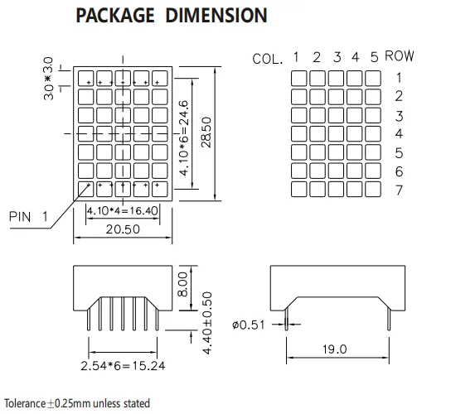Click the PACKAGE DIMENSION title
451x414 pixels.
tap(172, 16)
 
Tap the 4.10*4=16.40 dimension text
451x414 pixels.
tap(122, 212)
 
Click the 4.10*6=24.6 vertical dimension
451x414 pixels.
tap(186, 137)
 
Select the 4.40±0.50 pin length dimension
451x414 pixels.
tap(207, 323)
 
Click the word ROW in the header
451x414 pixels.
tap(400, 57)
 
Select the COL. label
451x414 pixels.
tap(269, 59)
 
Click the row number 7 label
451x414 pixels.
tap(399, 190)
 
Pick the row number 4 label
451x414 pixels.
tap(399, 134)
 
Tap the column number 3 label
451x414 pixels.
tap(336, 57)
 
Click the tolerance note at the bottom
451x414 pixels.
tap(76, 404)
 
